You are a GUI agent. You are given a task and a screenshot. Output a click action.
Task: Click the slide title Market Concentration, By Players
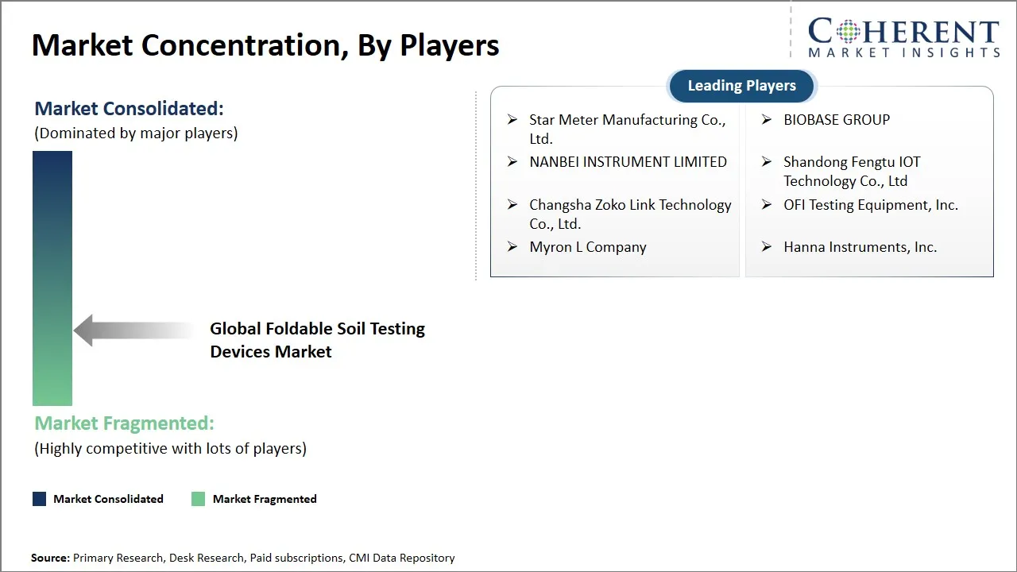point(265,45)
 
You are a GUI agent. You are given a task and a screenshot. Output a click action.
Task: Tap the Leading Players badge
point(741,86)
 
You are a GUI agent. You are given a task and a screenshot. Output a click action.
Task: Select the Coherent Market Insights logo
point(903,38)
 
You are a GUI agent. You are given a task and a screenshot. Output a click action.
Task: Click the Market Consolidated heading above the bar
point(130,109)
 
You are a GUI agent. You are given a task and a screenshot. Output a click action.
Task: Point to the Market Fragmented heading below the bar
point(124,423)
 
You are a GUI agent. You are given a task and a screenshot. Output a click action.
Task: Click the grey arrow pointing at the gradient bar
point(135,330)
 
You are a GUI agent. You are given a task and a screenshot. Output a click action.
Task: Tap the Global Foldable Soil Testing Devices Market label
point(317,340)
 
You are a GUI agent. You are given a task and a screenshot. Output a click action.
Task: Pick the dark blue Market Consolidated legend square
point(39,499)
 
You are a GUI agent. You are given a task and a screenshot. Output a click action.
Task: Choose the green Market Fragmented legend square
point(198,499)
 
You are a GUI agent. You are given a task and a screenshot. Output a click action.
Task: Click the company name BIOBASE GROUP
point(837,120)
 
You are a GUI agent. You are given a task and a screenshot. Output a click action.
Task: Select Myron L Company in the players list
point(588,247)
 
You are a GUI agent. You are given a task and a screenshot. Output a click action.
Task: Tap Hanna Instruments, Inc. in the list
point(860,247)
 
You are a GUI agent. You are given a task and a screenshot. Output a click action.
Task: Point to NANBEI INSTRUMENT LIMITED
point(628,162)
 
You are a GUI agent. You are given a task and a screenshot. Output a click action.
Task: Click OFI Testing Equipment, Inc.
point(871,205)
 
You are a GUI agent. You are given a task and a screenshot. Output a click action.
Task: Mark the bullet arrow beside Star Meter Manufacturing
point(512,120)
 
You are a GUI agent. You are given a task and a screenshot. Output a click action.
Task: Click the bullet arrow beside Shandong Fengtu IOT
point(767,162)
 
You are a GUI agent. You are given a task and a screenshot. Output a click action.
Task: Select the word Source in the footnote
point(50,558)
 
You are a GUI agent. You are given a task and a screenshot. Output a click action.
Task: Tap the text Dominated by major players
point(136,133)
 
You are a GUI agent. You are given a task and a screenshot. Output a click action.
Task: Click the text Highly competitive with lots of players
point(170,449)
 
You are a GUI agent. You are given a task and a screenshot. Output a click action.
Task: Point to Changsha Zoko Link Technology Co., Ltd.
point(630,214)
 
